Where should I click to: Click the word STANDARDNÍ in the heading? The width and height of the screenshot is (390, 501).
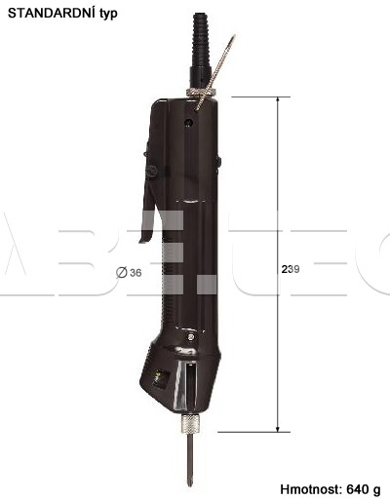pyautogui.click(x=52, y=13)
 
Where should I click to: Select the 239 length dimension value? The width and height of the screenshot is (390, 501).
pyautogui.click(x=291, y=269)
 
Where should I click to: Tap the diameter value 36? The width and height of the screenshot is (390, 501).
pyautogui.click(x=136, y=273)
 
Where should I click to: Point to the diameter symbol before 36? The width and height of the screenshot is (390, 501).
pyautogui.click(x=122, y=272)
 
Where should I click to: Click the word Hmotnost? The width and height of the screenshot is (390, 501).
pyautogui.click(x=310, y=489)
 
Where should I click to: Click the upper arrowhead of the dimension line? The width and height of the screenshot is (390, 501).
pyautogui.click(x=278, y=99)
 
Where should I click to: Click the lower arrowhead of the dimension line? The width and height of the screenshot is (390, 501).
pyautogui.click(x=278, y=429)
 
